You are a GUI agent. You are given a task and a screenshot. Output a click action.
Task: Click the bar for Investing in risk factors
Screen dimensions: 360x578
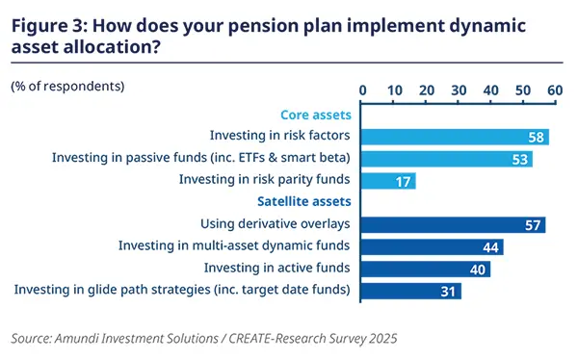455,137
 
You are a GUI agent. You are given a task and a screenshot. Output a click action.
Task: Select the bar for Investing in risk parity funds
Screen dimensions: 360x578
389,180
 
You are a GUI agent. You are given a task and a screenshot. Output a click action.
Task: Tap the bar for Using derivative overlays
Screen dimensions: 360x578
454,224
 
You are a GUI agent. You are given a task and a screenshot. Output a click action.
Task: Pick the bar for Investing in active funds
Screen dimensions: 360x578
426,269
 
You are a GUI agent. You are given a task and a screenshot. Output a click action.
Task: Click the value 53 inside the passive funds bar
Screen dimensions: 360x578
520,159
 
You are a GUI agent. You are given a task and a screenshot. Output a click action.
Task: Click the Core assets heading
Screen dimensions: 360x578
314,115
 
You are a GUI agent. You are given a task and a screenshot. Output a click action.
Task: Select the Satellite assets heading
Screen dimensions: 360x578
302,202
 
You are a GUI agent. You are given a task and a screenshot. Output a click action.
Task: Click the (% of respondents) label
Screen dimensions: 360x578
67,87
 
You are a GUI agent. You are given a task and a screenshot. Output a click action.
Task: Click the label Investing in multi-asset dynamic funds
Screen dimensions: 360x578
234,246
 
